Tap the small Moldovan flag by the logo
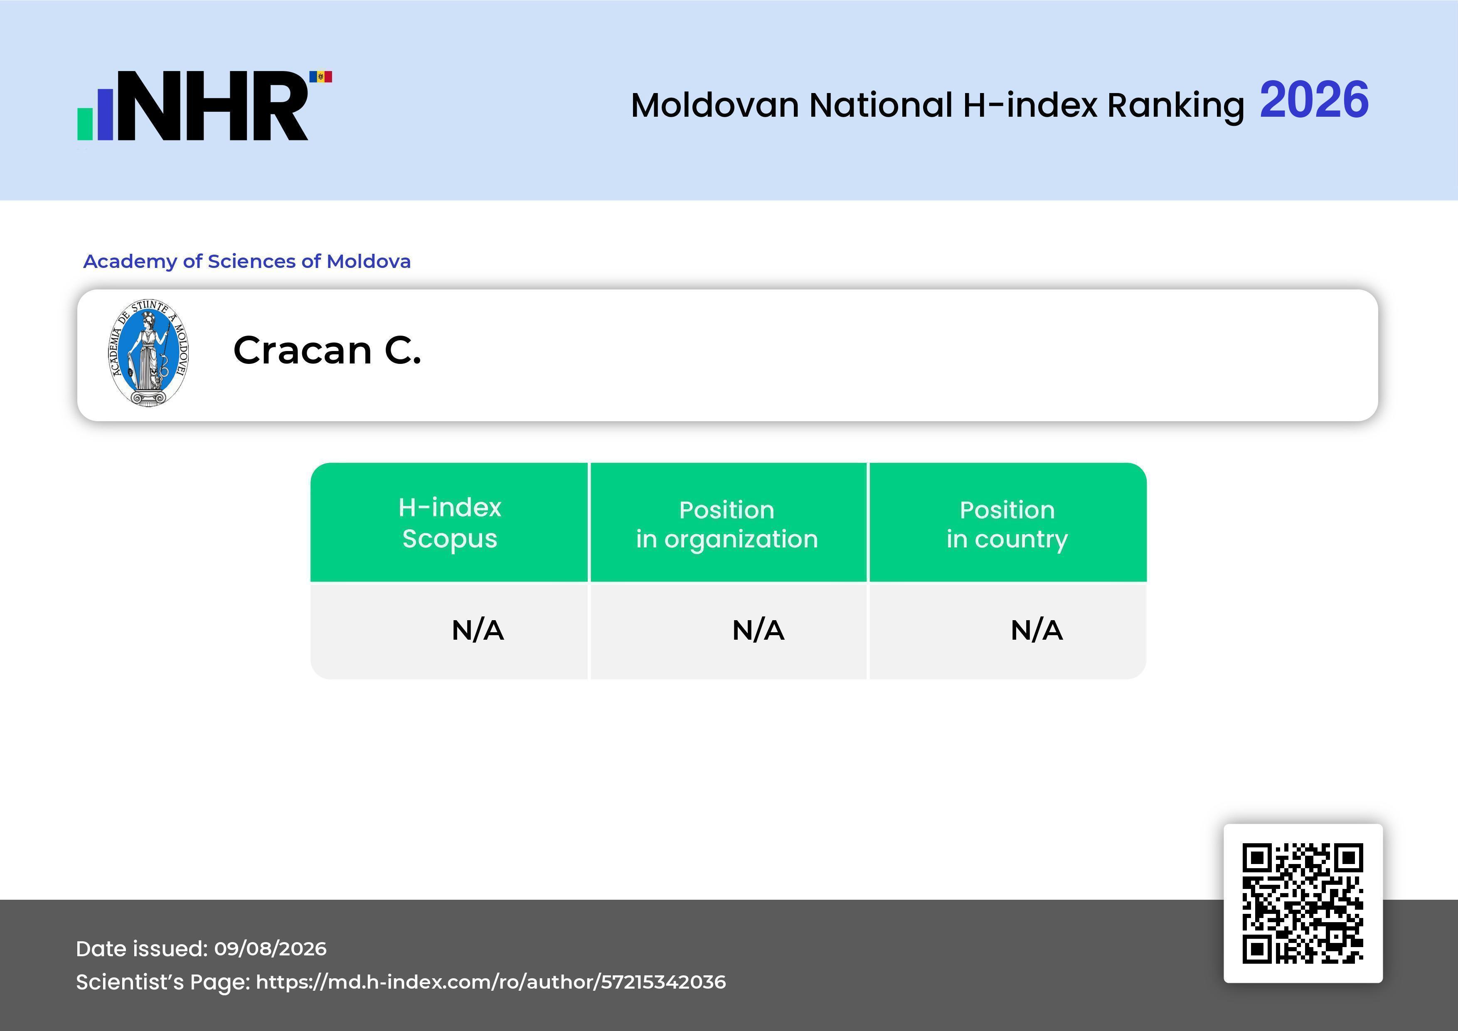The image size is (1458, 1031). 321,77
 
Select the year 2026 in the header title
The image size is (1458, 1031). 1314,100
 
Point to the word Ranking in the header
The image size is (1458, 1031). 1175,106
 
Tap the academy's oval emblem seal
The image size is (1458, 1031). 149,353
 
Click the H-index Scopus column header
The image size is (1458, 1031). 450,523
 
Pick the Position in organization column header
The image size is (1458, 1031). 727,524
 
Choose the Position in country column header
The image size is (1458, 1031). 1007,524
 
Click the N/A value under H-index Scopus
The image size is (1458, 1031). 478,631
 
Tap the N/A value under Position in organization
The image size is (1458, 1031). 758,631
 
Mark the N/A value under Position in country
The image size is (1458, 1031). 1036,631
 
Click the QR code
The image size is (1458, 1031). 1303,903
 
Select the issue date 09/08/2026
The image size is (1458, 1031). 271,948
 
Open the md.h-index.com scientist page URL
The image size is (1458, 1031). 491,982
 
